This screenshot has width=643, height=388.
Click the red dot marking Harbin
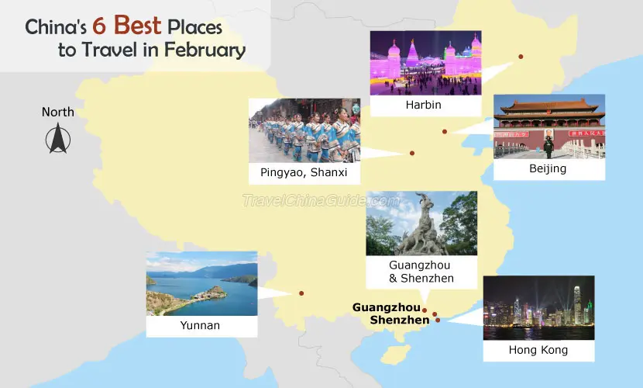[521, 57]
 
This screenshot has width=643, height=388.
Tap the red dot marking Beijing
[445, 132]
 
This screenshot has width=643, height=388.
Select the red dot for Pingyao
[412, 153]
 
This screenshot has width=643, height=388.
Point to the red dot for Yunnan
[301, 293]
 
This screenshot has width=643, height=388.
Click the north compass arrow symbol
[58, 139]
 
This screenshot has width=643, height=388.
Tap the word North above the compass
[58, 112]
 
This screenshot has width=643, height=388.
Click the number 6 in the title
[99, 26]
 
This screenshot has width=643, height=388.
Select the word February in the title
[205, 50]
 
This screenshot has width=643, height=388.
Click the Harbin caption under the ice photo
[423, 105]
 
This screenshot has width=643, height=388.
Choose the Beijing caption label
[548, 168]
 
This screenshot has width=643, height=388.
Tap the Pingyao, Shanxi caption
[304, 172]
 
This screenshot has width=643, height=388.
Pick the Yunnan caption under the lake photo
[200, 325]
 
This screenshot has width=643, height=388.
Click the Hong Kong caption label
[538, 350]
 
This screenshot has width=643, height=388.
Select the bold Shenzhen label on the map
[400, 320]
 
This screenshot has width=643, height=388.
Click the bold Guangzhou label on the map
[387, 307]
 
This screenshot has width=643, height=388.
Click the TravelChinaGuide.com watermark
[321, 200]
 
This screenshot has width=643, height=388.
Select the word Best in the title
[137, 25]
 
